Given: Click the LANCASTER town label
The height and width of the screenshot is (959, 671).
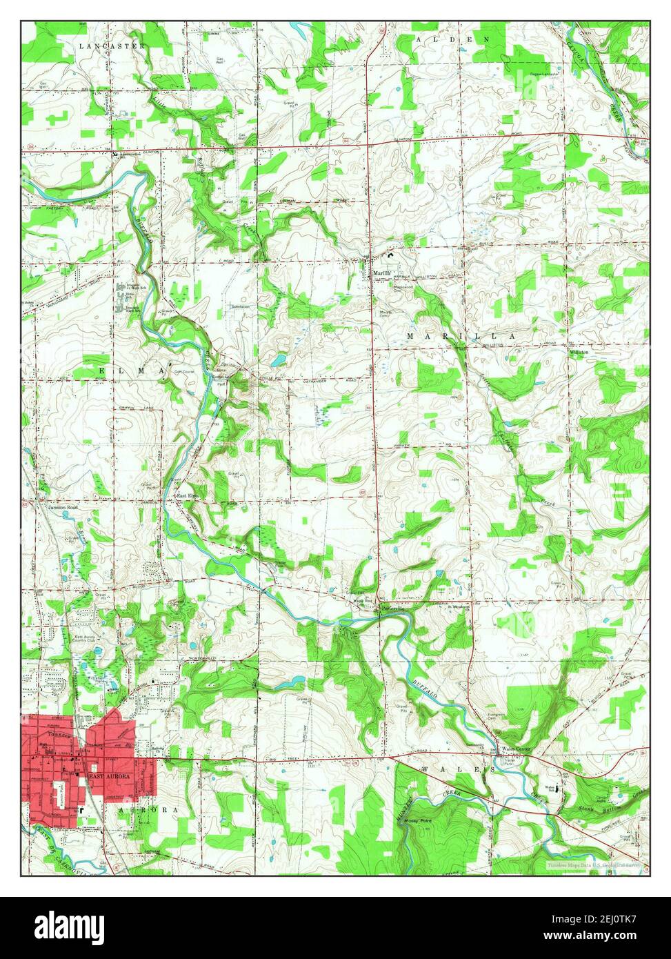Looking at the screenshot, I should tap(112, 46).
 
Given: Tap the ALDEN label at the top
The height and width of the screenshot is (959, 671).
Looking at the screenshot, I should tap(453, 40).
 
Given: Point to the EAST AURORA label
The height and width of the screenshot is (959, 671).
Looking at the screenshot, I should tap(109, 776).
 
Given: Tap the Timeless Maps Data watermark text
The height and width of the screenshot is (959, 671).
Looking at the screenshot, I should tap(594, 864).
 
